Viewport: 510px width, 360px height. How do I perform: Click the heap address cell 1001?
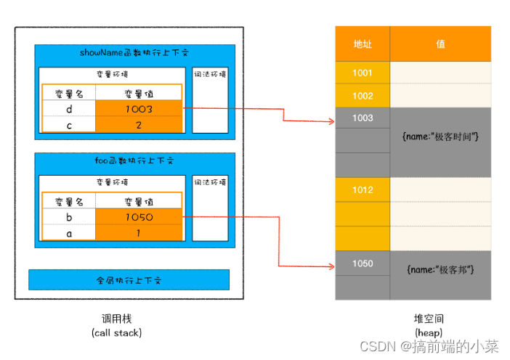pyautogui.click(x=363, y=73)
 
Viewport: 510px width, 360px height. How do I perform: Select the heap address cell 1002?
pyautogui.click(x=363, y=96)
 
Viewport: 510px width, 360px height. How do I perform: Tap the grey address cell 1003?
pyautogui.click(x=363, y=118)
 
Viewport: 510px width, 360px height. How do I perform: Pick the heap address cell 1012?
pyautogui.click(x=363, y=190)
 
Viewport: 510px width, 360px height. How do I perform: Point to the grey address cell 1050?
pyautogui.click(x=363, y=263)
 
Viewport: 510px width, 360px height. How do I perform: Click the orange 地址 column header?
pyautogui.click(x=363, y=44)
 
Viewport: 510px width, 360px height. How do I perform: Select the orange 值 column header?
pyautogui.click(x=440, y=44)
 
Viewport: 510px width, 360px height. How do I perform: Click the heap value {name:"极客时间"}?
pyautogui.click(x=440, y=136)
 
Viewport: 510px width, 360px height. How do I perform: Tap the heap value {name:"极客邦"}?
pyautogui.click(x=440, y=270)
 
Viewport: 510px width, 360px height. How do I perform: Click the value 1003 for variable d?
pyautogui.click(x=138, y=108)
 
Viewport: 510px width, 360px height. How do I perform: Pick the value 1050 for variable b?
pyautogui.click(x=138, y=216)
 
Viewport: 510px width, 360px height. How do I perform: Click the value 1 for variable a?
pyautogui.click(x=138, y=232)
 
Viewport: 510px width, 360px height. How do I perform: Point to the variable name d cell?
pyautogui.click(x=69, y=108)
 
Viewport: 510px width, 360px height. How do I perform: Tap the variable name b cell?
pyautogui.click(x=69, y=216)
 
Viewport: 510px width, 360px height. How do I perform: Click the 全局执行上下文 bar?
pyautogui.click(x=129, y=279)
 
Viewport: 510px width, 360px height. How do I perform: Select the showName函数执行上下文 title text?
pyautogui.click(x=134, y=53)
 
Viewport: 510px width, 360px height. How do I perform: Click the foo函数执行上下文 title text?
pyautogui.click(x=134, y=161)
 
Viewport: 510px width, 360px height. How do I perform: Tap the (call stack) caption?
pyautogui.click(x=116, y=333)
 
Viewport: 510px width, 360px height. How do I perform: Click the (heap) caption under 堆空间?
pyautogui.click(x=427, y=332)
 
